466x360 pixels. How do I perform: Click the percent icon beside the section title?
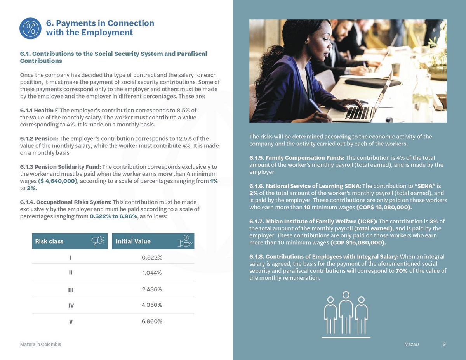click(x=30, y=28)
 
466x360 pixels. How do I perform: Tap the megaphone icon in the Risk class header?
click(x=97, y=241)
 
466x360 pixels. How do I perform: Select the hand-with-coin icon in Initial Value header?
click(x=185, y=241)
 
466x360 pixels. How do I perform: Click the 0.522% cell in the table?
click(x=152, y=258)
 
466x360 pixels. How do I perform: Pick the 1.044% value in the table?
click(x=152, y=273)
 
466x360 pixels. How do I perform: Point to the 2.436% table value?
click(x=152, y=289)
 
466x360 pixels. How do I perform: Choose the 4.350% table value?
click(x=152, y=305)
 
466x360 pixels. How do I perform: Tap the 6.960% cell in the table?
click(x=152, y=321)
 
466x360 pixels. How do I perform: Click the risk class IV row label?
click(x=71, y=306)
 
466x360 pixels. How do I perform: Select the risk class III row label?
click(x=71, y=290)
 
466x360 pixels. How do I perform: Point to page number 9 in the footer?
click(x=444, y=344)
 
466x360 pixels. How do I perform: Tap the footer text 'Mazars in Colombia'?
click(x=40, y=344)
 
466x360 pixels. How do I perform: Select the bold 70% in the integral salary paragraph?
click(x=402, y=271)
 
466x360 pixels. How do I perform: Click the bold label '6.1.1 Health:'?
click(x=37, y=110)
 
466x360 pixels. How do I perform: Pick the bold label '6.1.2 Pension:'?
click(x=39, y=138)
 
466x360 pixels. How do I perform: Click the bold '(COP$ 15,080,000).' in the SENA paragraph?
click(x=384, y=207)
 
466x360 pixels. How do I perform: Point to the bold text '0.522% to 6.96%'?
click(x=113, y=216)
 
